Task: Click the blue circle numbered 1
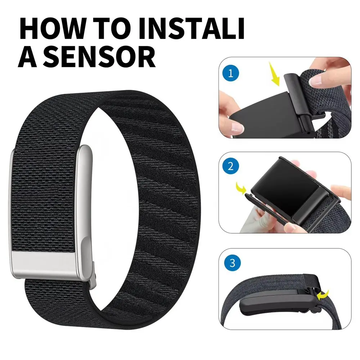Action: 230,74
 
